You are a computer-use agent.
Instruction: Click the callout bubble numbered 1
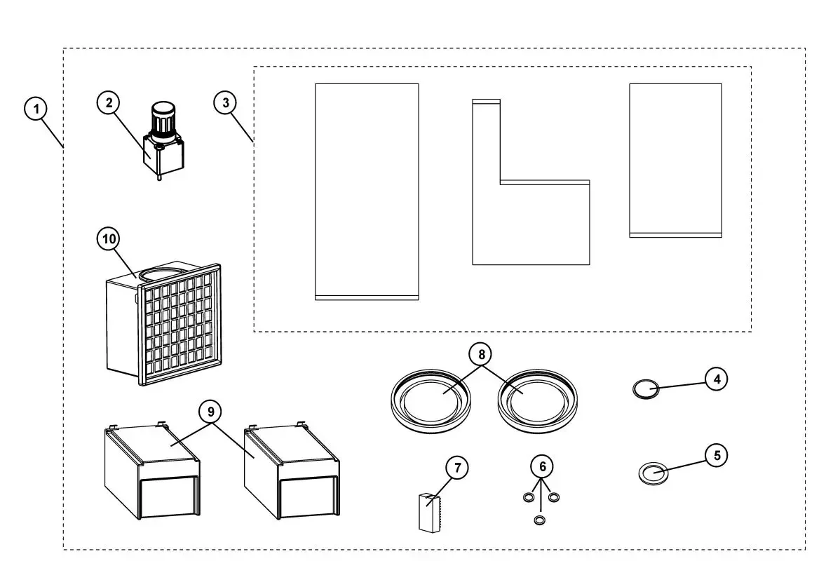pyautogui.click(x=36, y=109)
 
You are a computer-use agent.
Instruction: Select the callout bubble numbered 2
pyautogui.click(x=108, y=103)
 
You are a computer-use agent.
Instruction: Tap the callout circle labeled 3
pyautogui.click(x=224, y=103)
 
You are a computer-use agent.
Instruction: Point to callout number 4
pyautogui.click(x=716, y=379)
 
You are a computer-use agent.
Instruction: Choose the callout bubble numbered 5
pyautogui.click(x=716, y=455)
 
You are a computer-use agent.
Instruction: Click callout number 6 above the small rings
pyautogui.click(x=541, y=466)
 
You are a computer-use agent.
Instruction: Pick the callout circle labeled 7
pyautogui.click(x=456, y=468)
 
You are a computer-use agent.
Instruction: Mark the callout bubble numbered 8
pyautogui.click(x=482, y=355)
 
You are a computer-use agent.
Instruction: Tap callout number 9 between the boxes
pyautogui.click(x=210, y=412)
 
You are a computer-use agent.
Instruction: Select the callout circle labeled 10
pyautogui.click(x=108, y=239)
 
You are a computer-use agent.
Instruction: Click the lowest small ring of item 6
pyautogui.click(x=539, y=520)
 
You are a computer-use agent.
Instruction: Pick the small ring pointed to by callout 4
pyautogui.click(x=645, y=388)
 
